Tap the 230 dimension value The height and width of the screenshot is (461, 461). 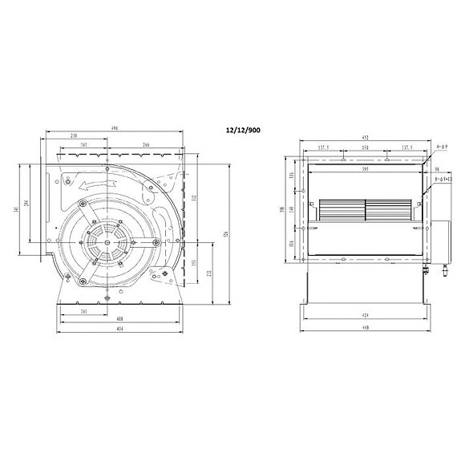74,136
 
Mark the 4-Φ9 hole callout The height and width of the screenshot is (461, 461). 440,149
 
